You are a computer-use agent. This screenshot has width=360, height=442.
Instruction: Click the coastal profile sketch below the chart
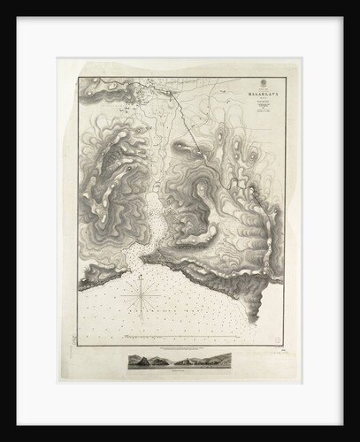[180, 361]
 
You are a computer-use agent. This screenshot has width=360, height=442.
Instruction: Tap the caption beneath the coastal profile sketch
[180, 370]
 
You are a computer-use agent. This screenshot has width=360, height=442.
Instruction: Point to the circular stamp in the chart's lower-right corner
[275, 339]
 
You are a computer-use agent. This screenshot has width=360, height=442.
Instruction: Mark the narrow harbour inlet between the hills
[152, 221]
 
